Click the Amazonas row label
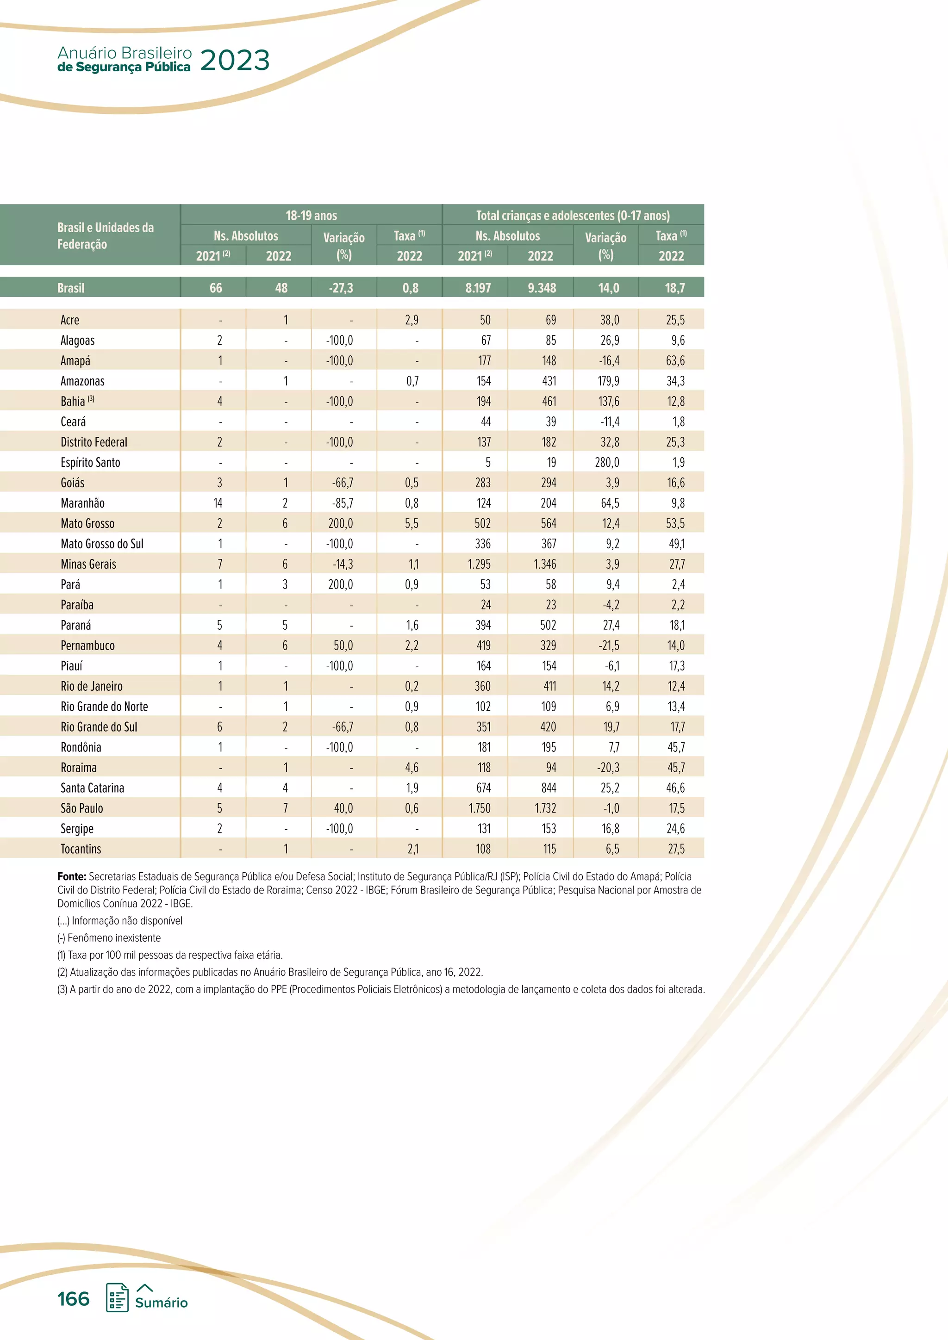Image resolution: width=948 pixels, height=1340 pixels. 82,381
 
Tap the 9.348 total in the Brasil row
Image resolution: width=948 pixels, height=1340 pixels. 541,288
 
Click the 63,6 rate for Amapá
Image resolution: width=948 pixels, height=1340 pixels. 675,360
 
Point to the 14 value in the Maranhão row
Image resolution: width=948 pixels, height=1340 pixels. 218,503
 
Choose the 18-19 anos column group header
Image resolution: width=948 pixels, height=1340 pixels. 311,215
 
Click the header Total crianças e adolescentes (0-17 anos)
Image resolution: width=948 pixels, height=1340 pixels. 573,215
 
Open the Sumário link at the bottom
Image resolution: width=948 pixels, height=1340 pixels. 161,1302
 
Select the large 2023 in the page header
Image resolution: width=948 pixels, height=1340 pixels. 235,61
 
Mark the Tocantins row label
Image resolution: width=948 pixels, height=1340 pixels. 81,849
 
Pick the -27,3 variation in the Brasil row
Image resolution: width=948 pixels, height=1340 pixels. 341,288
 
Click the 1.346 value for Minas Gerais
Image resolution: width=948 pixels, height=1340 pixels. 545,565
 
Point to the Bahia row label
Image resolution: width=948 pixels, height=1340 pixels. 73,402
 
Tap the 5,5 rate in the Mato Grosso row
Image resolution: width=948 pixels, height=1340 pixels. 412,523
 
